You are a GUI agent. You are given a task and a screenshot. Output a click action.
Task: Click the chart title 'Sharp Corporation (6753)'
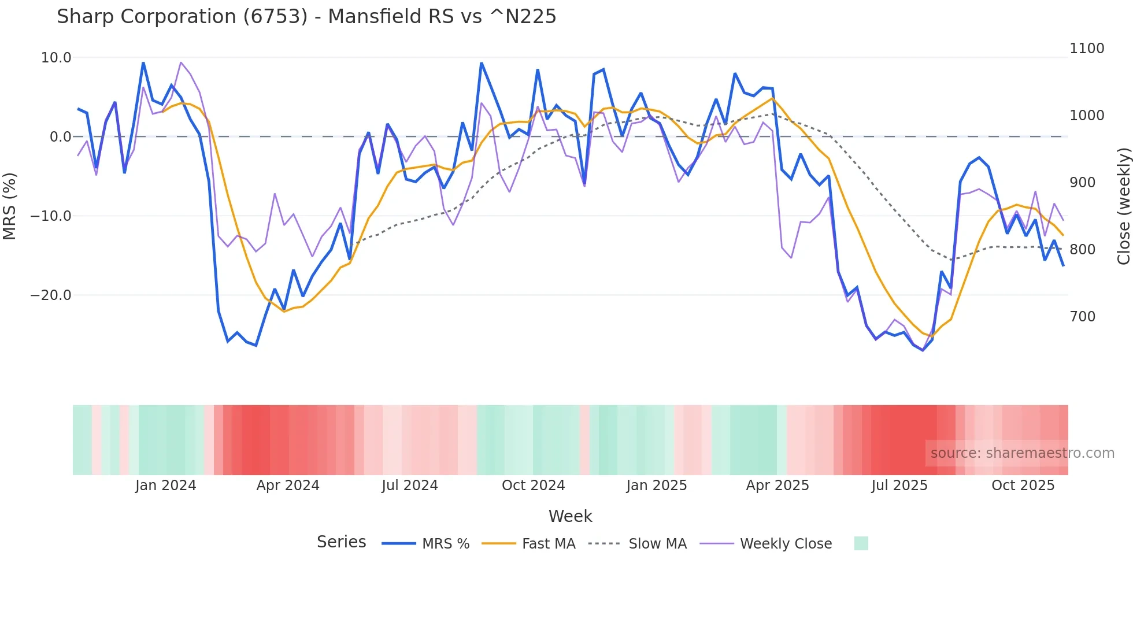(x=306, y=17)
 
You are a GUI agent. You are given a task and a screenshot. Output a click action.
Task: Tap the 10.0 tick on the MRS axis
(x=56, y=58)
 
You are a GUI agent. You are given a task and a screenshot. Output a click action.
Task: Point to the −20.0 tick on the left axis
(x=51, y=295)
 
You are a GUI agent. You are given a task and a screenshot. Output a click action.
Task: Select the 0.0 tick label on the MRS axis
(x=61, y=137)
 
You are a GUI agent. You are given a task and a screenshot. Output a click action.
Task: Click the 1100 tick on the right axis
(x=1087, y=49)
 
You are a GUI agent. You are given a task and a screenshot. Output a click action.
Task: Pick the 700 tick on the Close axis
(x=1082, y=317)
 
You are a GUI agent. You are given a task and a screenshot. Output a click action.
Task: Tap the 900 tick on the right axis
(x=1082, y=183)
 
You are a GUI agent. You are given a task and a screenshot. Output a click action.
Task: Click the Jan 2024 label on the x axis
(x=166, y=486)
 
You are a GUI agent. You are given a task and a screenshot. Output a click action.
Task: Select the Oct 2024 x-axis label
(x=533, y=486)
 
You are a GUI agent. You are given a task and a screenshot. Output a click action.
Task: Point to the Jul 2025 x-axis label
(x=899, y=486)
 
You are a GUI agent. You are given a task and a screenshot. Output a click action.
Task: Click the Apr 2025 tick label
(x=777, y=486)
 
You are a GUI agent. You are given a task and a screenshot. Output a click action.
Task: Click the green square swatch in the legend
(x=861, y=543)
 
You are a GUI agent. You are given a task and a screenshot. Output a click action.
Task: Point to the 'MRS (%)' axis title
(x=10, y=206)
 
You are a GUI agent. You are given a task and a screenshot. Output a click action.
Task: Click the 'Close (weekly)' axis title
(x=1123, y=206)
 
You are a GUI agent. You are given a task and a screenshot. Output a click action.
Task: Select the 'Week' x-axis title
(x=570, y=516)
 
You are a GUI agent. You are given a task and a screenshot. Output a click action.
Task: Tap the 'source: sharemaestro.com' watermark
(x=1022, y=453)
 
